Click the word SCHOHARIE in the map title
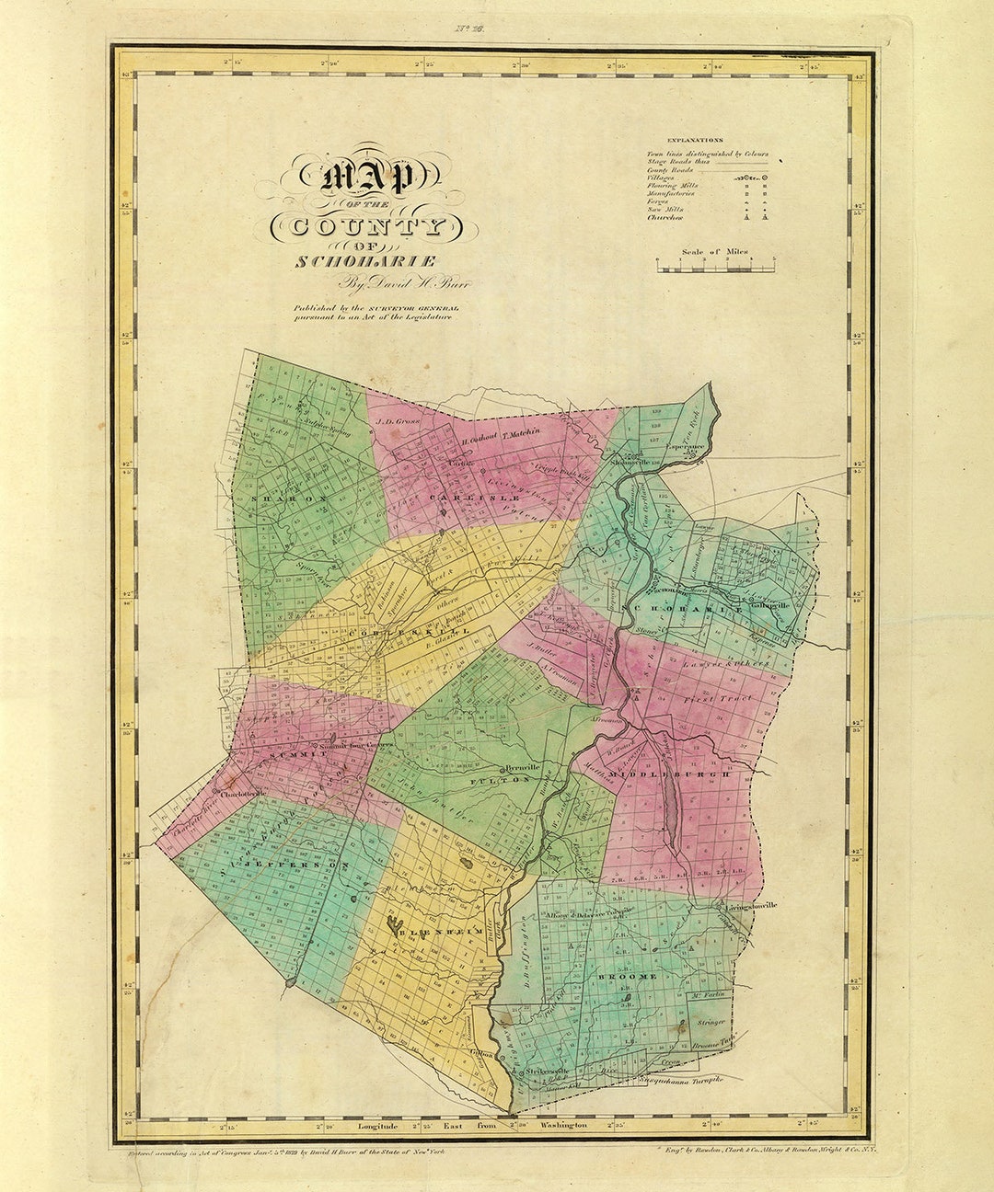click(x=365, y=261)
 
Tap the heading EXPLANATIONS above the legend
click(x=696, y=139)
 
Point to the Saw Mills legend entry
click(x=665, y=210)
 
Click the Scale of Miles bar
click(x=715, y=268)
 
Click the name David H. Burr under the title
click(x=405, y=283)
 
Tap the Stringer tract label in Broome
click(x=711, y=1021)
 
